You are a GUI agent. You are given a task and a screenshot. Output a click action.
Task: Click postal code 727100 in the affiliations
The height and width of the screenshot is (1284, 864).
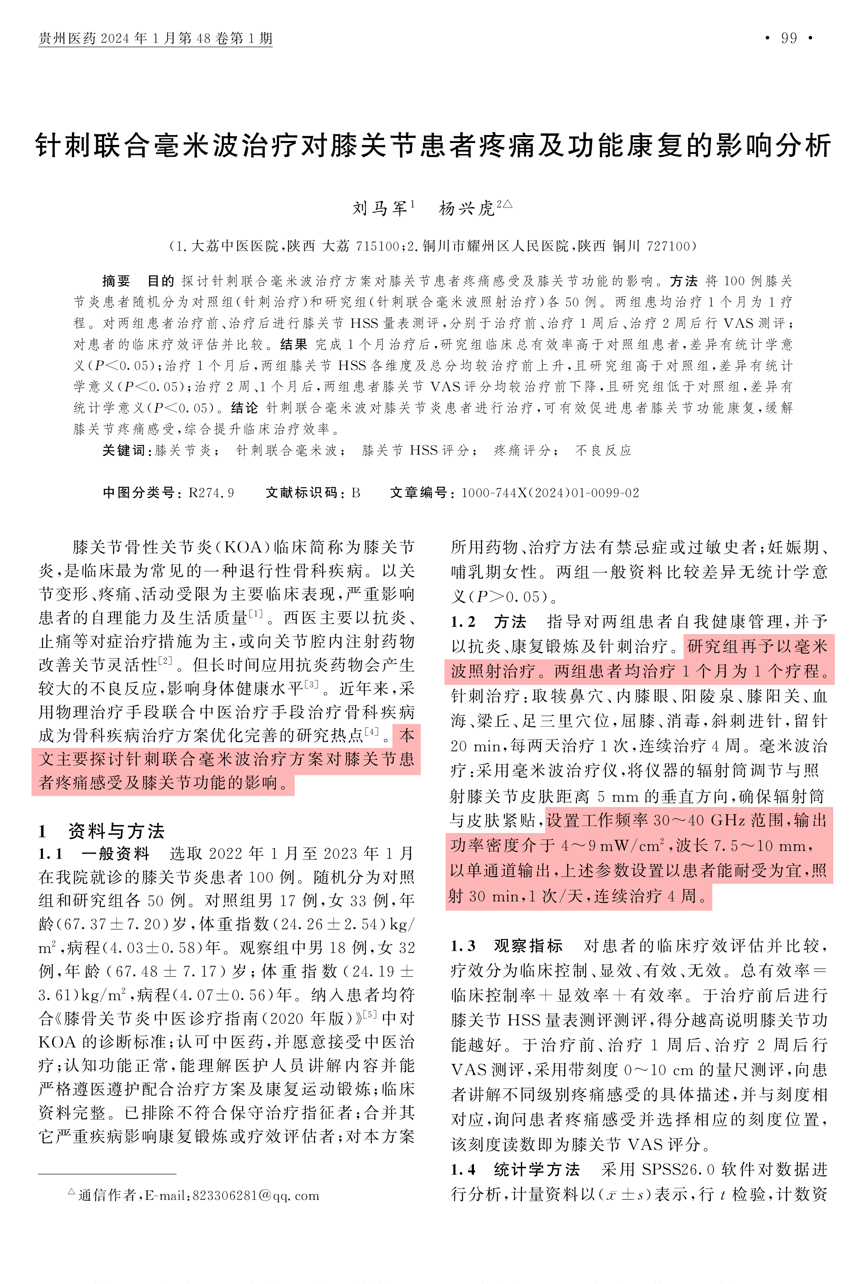pyautogui.click(x=668, y=246)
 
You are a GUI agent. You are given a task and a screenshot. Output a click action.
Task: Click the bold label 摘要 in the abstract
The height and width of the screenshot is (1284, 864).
pyautogui.click(x=116, y=281)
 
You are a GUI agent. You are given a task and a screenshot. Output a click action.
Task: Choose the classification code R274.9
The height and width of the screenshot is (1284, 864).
pyautogui.click(x=211, y=492)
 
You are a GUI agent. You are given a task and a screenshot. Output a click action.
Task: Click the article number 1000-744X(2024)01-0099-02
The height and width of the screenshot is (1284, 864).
pyautogui.click(x=550, y=492)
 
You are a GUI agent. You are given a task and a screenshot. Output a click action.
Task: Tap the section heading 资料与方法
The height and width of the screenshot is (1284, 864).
pyautogui.click(x=116, y=831)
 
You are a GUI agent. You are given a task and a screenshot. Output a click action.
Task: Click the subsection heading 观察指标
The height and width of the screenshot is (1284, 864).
pyautogui.click(x=528, y=946)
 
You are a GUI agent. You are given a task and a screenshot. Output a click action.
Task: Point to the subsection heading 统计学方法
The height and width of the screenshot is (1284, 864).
pyautogui.click(x=536, y=1169)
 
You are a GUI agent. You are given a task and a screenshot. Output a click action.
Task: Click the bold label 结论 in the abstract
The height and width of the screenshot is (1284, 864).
pyautogui.click(x=245, y=408)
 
